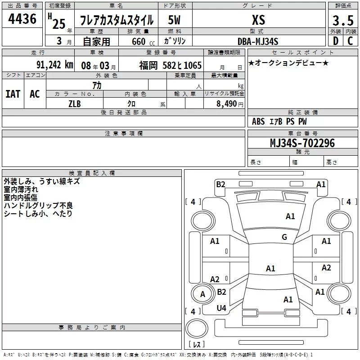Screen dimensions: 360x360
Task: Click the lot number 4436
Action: (x=22, y=19)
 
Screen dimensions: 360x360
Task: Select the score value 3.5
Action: (x=343, y=20)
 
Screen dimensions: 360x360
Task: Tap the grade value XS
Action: (x=258, y=20)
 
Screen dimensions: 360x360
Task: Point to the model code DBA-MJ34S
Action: (x=258, y=41)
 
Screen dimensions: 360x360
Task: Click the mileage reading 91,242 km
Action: (x=55, y=65)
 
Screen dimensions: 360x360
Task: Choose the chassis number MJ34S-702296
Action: (x=302, y=143)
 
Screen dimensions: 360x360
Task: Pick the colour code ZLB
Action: (x=75, y=104)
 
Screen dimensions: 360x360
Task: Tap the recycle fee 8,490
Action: (x=226, y=104)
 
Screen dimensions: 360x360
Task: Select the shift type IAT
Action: (x=13, y=94)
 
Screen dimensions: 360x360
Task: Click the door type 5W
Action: (x=174, y=20)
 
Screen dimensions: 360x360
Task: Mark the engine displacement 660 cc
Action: (x=143, y=41)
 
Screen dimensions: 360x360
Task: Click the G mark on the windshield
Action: (x=284, y=237)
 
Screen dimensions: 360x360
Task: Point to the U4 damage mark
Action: (x=221, y=308)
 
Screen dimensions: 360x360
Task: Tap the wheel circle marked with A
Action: (x=202, y=294)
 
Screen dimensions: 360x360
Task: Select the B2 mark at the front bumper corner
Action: (x=220, y=184)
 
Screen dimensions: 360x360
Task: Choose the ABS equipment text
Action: (x=258, y=121)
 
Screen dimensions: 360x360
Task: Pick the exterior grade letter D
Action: (x=336, y=41)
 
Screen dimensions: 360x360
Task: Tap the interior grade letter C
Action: (x=350, y=41)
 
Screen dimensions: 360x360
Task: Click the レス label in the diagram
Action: (x=197, y=344)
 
